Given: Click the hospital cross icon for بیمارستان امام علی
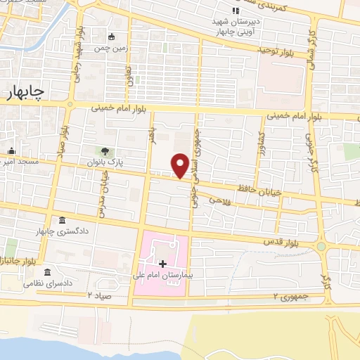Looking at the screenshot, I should point(163,264).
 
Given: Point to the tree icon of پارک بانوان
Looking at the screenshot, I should point(105,151).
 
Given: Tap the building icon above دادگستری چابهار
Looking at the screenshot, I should point(62,221).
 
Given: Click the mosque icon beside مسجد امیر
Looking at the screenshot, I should point(12,151).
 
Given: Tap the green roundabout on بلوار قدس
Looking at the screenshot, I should point(322,247).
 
